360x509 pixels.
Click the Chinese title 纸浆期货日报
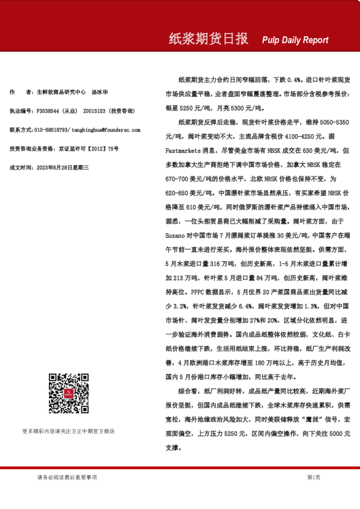208,39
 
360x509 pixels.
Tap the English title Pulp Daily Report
295,40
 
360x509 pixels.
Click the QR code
66,394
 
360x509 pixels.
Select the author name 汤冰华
100,92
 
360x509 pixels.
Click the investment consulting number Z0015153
94,111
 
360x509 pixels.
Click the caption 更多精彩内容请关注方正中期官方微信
68,431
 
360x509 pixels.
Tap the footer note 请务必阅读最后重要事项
67,477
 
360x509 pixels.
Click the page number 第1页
313,477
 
